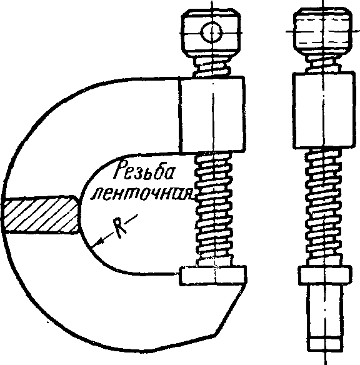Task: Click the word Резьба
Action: coord(144,171)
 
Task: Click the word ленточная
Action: coord(142,194)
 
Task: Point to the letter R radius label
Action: coord(119,228)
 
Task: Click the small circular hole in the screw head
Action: coord(212,32)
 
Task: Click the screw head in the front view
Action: coord(211,33)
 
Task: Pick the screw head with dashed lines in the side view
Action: coord(323,31)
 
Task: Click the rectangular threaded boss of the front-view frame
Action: coord(212,114)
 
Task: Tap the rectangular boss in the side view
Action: coord(324,111)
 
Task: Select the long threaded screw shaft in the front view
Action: coord(214,209)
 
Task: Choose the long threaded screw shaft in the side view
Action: coord(324,207)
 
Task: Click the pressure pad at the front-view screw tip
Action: coord(213,276)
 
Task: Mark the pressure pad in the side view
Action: coord(325,276)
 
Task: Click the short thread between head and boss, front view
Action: coord(212,67)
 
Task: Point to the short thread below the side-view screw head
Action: coord(323,64)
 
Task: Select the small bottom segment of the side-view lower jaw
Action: coord(325,344)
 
